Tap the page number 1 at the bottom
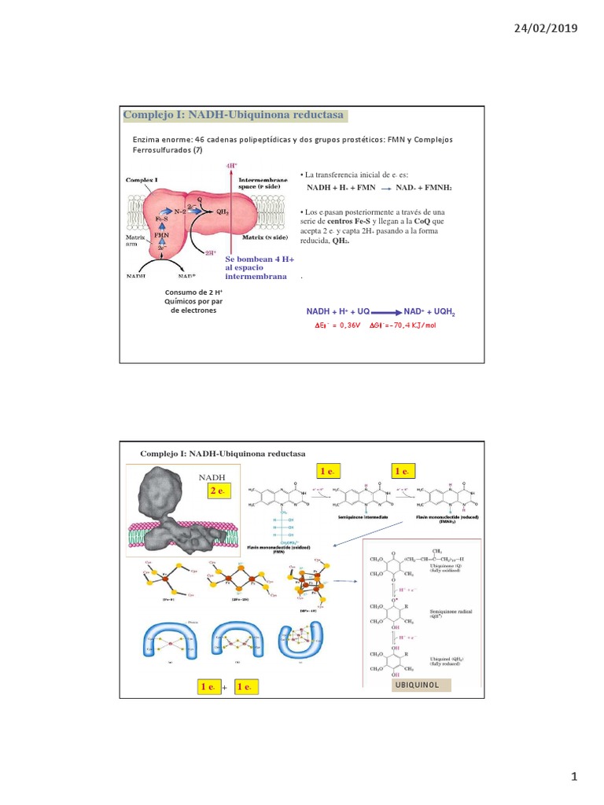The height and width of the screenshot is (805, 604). pyautogui.click(x=574, y=777)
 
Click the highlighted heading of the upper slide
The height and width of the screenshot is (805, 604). pyautogui.click(x=234, y=116)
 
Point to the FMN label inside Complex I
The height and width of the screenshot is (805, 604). pyautogui.click(x=161, y=234)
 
